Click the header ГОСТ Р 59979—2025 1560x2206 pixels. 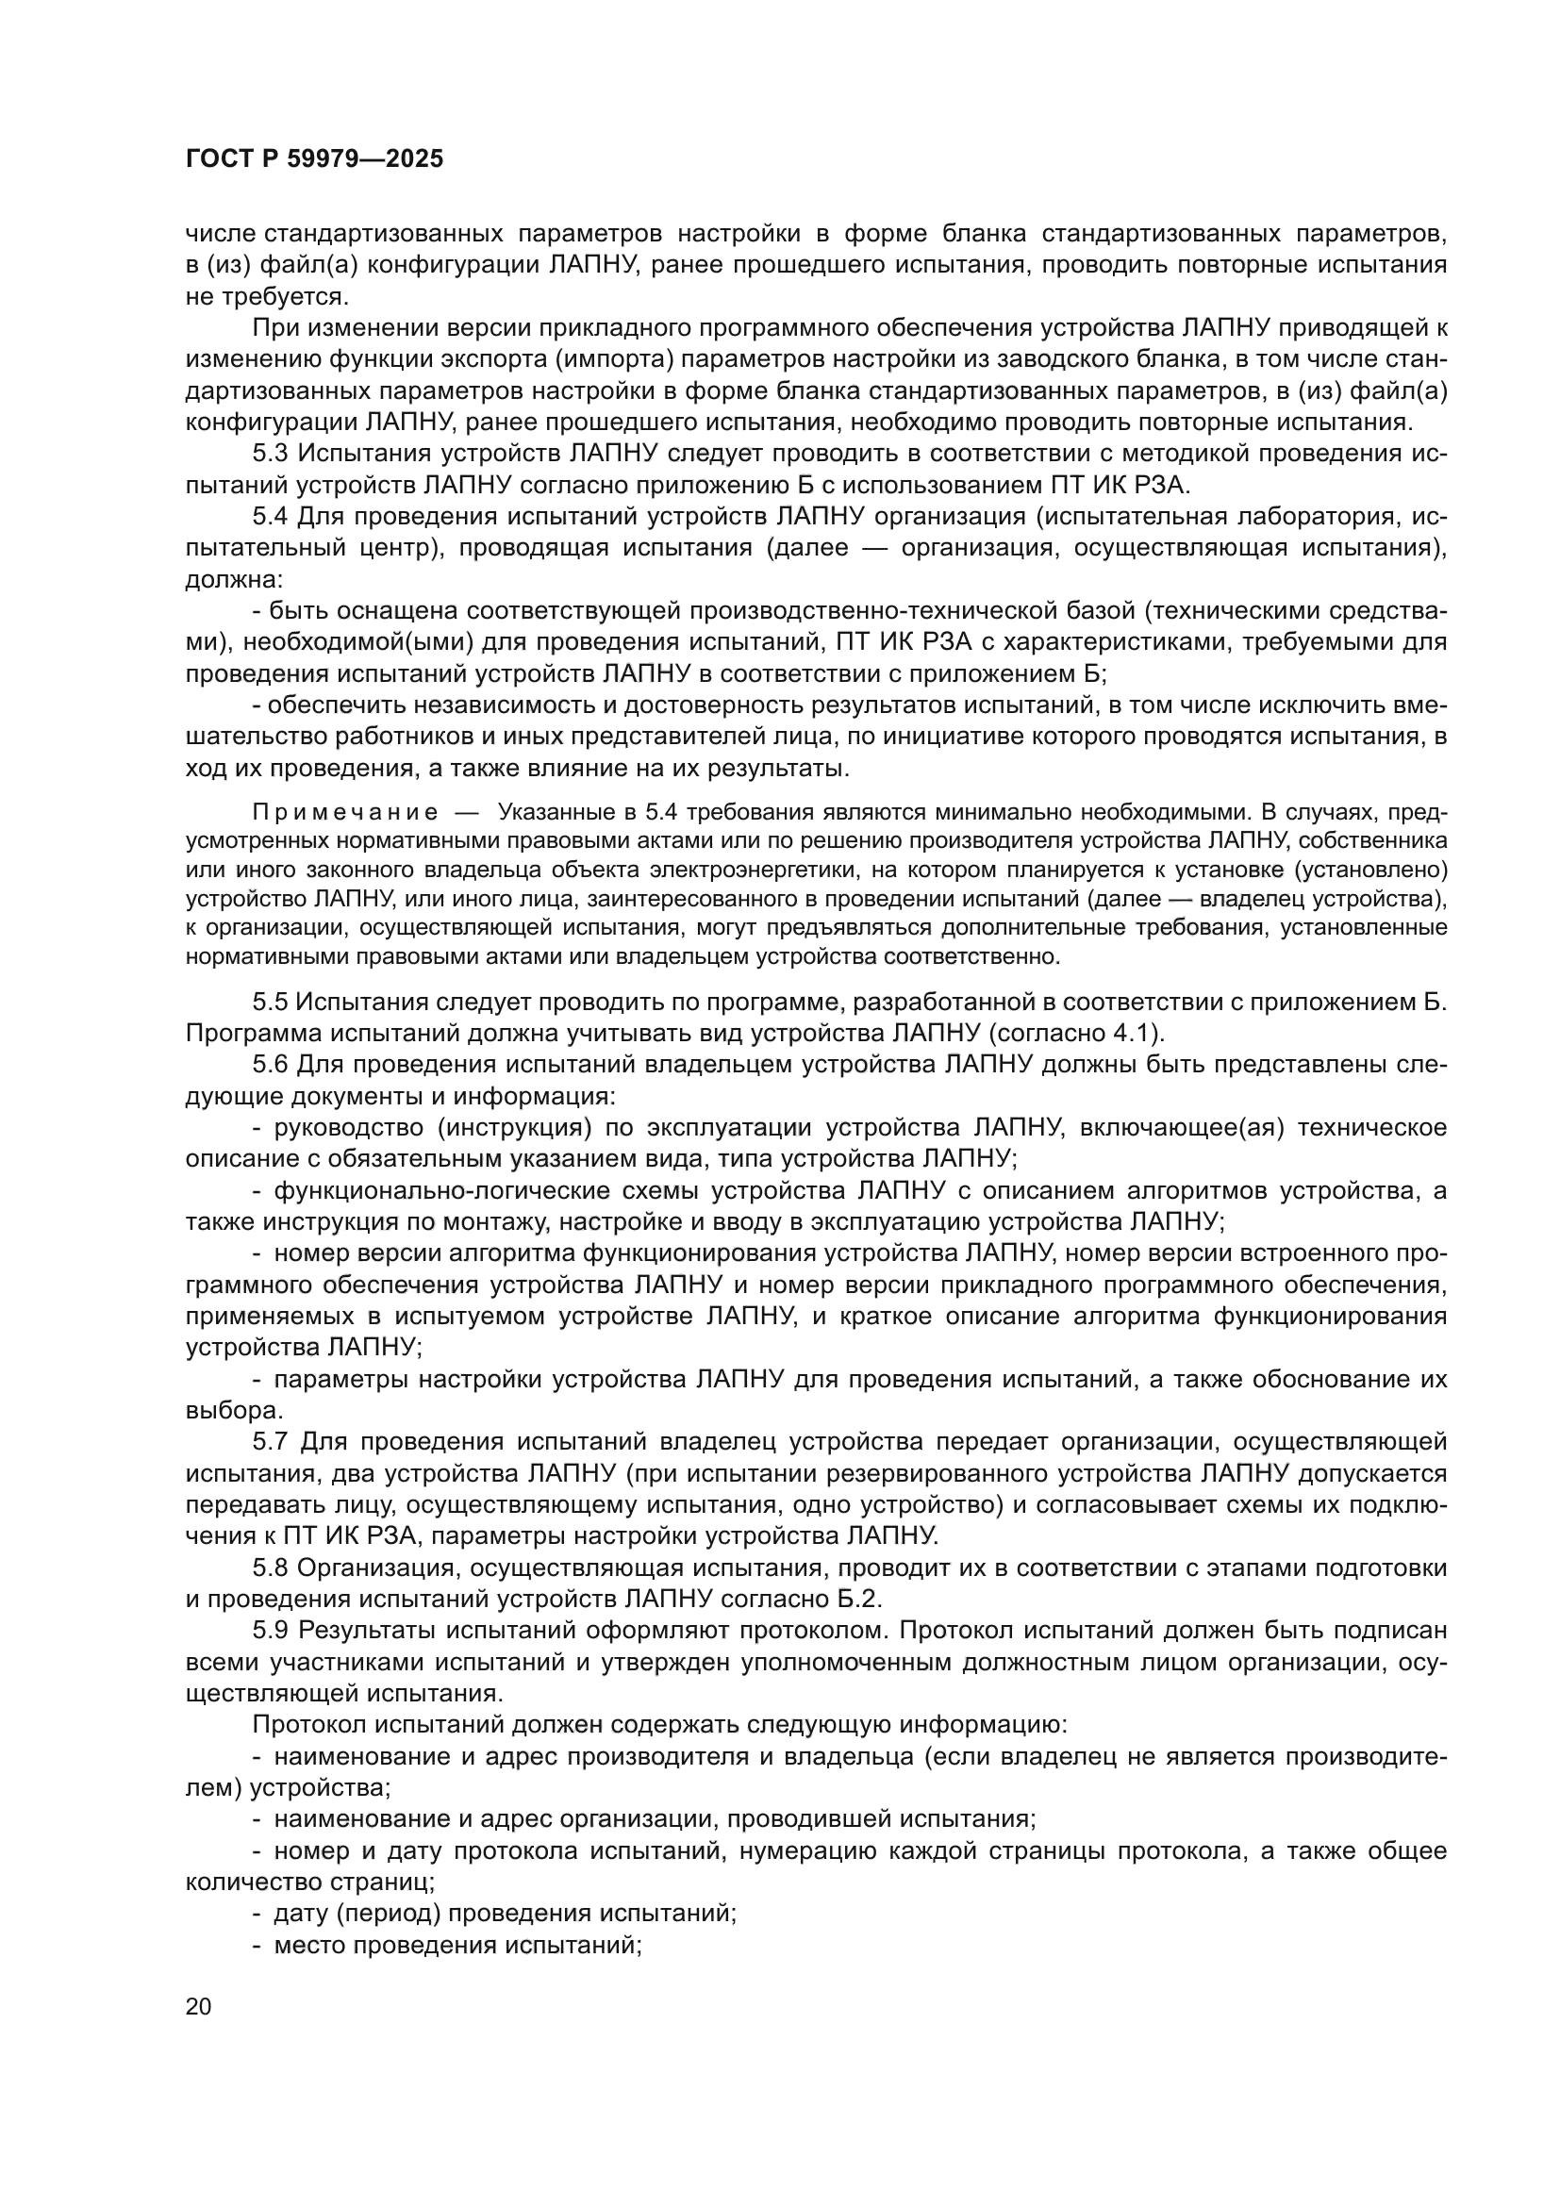tap(314, 159)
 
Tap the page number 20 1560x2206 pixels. tap(199, 2006)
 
